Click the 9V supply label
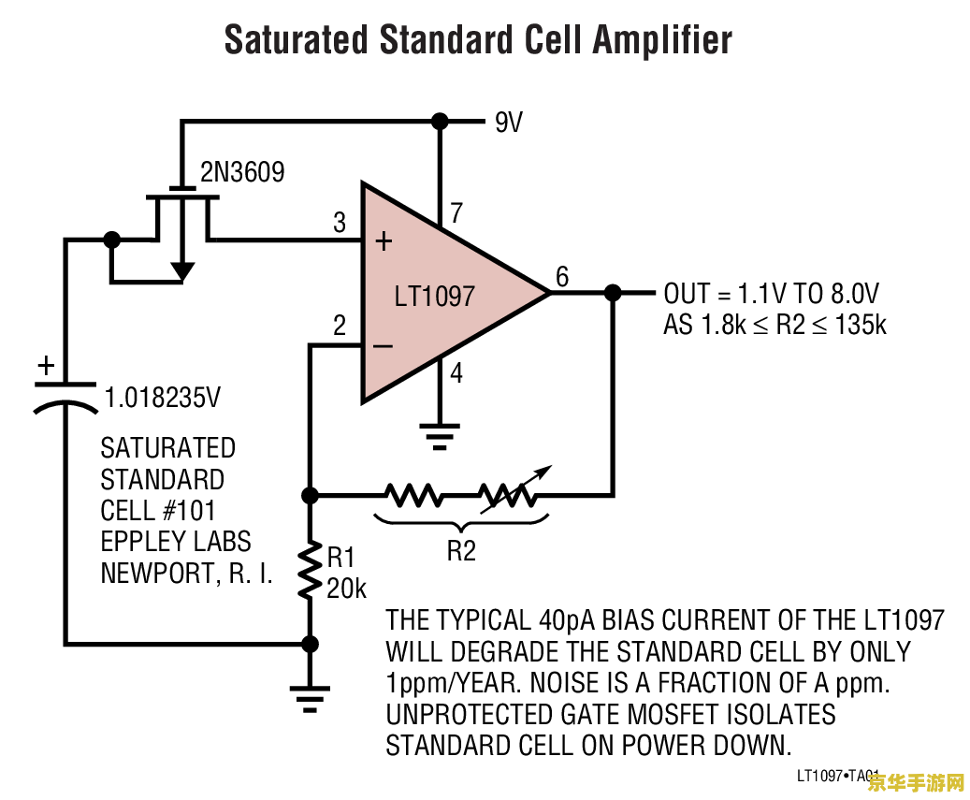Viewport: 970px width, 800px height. (508, 123)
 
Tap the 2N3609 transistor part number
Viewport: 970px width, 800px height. (242, 172)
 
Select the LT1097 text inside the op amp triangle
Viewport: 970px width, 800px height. (434, 297)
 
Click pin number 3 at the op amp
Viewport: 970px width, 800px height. (340, 223)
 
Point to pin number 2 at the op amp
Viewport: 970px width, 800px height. (340, 326)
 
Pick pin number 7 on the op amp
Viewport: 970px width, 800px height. (456, 213)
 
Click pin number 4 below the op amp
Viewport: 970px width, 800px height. (456, 373)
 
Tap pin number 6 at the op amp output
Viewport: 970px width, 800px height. (561, 277)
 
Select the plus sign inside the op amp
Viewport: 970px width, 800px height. (384, 241)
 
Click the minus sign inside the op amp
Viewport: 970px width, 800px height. (383, 347)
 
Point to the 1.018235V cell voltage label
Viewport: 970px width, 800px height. (163, 398)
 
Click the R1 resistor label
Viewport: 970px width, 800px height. (340, 559)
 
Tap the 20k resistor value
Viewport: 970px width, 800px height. (346, 589)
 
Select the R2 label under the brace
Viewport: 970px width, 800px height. (460, 551)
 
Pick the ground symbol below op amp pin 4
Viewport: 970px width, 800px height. (439, 433)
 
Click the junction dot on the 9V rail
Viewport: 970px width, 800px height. (439, 121)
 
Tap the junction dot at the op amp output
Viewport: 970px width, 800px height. (613, 293)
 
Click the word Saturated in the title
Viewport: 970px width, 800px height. (297, 41)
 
